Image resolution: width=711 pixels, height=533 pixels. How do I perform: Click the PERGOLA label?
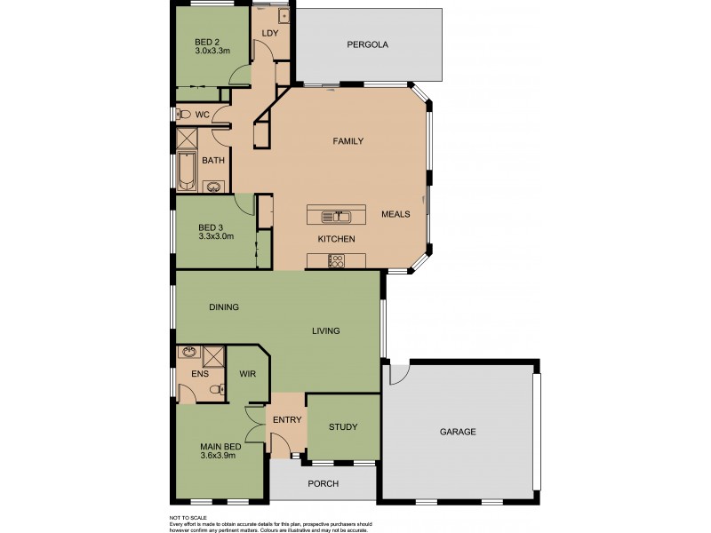point(367,44)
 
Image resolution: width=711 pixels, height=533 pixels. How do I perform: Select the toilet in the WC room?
point(180,114)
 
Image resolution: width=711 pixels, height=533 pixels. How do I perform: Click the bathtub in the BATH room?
point(187,172)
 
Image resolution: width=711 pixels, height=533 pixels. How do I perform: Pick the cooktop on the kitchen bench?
point(337,260)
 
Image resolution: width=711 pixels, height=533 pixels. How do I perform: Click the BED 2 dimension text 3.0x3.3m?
point(213,52)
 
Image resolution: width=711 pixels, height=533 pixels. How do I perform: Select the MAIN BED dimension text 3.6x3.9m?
point(220,457)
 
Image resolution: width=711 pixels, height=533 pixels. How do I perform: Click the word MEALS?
point(395,214)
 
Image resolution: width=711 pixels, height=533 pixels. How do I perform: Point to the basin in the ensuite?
point(188,353)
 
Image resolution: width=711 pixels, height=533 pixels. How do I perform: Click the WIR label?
point(247,374)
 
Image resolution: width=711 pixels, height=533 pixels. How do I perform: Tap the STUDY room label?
point(342,427)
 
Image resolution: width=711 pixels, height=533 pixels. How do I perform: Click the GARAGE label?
point(458,432)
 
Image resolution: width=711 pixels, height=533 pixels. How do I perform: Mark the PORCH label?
point(322,484)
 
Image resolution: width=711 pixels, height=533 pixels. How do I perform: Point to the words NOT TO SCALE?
point(188,516)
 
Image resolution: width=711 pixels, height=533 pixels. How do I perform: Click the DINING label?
point(223,307)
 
